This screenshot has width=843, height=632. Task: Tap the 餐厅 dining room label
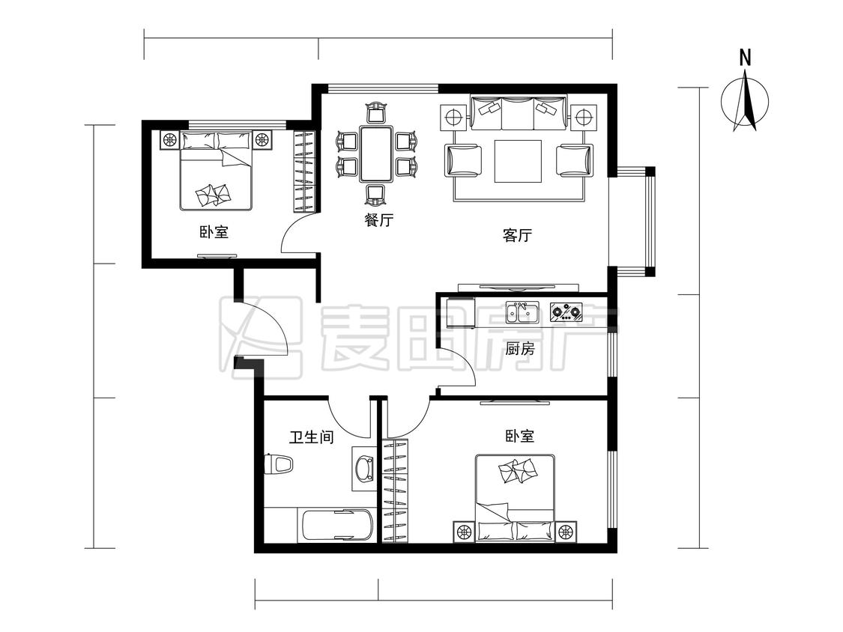click(379, 221)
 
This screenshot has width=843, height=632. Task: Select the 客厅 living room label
click(516, 236)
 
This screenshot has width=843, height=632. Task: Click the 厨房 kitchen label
click(520, 349)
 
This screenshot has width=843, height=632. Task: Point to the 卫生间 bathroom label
click(311, 437)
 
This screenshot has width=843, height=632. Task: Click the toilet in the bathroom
click(279, 464)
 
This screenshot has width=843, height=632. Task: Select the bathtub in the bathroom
click(336, 525)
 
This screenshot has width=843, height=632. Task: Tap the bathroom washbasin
click(365, 468)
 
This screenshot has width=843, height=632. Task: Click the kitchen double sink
click(522, 312)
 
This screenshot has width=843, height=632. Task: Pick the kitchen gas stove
click(566, 312)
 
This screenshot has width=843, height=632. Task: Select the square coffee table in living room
click(518, 161)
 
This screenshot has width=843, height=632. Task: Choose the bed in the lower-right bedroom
click(516, 497)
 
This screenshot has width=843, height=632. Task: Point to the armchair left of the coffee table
click(463, 160)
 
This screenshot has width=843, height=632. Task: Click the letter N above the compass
click(745, 58)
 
